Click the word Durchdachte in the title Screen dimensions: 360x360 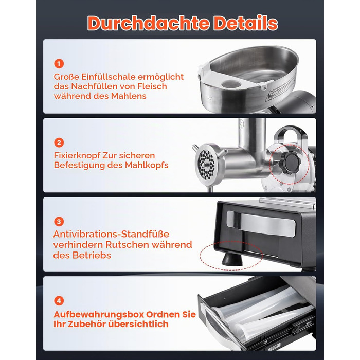click(148, 23)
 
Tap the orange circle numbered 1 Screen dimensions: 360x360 click(59, 64)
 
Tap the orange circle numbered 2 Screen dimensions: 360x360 click(59, 142)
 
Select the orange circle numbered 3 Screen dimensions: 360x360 click(59, 222)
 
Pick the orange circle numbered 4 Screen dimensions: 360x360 click(59, 301)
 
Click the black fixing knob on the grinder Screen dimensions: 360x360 click(291, 161)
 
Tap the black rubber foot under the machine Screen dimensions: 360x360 click(232, 259)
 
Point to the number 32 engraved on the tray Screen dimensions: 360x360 click(210, 98)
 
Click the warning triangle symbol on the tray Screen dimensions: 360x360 click(269, 96)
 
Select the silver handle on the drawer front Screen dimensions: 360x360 click(261, 223)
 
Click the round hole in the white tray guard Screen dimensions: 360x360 click(231, 83)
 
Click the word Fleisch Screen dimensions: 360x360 click(152, 86)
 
